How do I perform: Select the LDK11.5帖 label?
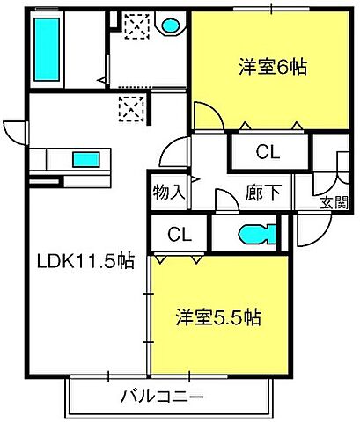coord(84,261)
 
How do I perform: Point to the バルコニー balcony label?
coord(162,395)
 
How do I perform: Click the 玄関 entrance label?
coord(334,203)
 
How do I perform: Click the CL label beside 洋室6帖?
coord(268,151)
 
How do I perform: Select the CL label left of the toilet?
coord(179,236)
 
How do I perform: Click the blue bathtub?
coord(43,48)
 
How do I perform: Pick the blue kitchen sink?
coord(85,159)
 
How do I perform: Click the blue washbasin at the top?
coord(171,25)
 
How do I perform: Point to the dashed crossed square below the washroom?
coord(129,110)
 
